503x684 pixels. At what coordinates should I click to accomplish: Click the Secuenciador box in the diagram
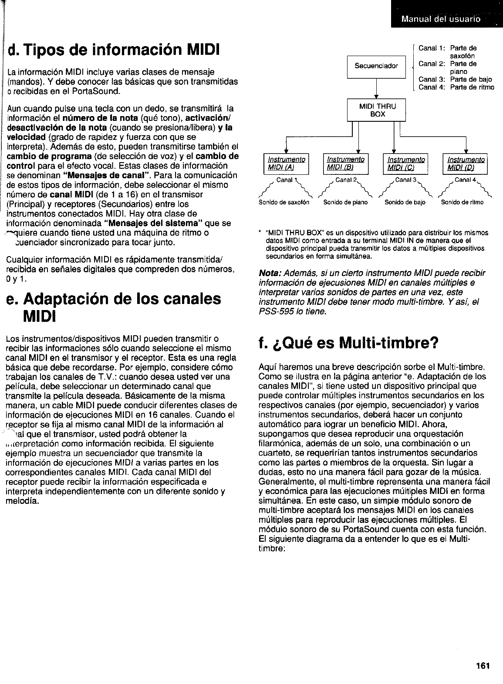pos(376,66)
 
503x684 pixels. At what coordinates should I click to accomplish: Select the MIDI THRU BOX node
pos(376,110)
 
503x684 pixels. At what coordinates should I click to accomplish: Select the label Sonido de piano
pos(346,202)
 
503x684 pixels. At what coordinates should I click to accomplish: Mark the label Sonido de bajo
pos(405,202)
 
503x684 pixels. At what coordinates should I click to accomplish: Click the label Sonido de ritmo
pos(462,202)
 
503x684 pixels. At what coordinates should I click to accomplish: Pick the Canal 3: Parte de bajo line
pos(455,79)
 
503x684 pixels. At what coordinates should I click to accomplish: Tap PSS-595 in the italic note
pos(273,311)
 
